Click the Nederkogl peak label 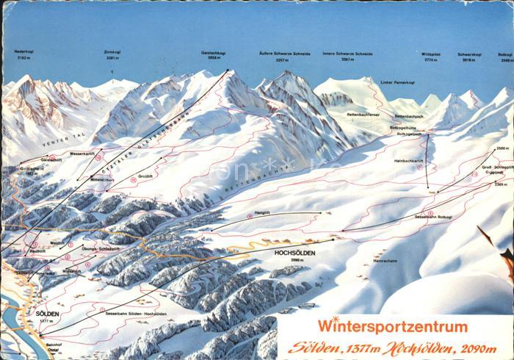pos(23,51)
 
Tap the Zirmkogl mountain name pos(112,52)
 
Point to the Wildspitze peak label pos(431,54)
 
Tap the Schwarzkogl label pos(469,54)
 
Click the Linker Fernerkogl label pos(397,82)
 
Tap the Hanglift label pos(263,212)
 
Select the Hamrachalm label pos(385,260)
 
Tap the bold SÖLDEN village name pos(47,313)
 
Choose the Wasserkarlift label pos(82,153)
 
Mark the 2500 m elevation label pos(502,148)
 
